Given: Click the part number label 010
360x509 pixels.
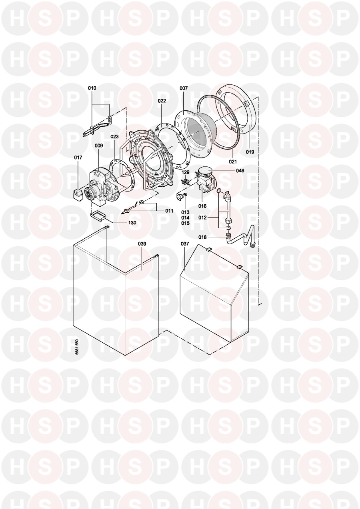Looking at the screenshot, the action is pos(92,88).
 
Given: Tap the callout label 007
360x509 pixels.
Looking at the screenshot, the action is pos(184,88).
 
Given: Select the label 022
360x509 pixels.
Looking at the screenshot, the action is pos(162,101).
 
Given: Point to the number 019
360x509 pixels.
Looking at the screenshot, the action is pos(250,152).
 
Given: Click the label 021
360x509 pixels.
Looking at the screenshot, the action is pos(233,162).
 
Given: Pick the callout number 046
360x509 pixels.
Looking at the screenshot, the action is pos(240,170).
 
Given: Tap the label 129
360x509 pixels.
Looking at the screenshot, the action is pos(185,172).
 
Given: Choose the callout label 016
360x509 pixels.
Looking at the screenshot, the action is pos(202,206).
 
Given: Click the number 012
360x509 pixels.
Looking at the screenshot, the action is pos(202,218).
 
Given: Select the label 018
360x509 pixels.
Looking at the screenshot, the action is pos(202,237).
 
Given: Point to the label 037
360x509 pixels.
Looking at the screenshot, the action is pos(184,244).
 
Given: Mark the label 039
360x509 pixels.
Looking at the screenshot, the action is pos(142,244).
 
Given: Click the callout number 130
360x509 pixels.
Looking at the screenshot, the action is pos(132,223).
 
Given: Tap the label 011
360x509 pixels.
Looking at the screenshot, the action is pos(169,211).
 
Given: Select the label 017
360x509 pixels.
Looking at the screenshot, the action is pos(78,158).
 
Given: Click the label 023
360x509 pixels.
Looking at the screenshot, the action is pos(114,137).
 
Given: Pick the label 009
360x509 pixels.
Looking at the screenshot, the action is pos(99,146).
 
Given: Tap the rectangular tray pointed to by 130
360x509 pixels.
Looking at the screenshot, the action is pos(98,215).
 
